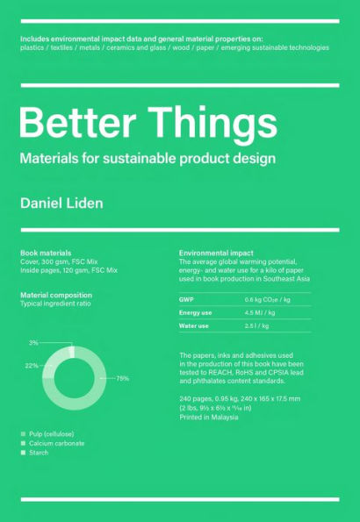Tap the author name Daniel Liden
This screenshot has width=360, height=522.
(61, 203)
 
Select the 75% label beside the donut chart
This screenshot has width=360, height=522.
(122, 378)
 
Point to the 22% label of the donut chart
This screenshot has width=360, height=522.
(32, 366)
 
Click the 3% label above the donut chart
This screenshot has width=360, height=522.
(33, 343)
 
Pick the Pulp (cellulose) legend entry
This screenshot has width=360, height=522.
(51, 434)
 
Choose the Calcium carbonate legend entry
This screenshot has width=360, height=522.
(56, 444)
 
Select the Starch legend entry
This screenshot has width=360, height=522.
(39, 453)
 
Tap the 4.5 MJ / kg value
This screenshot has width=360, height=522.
(262, 312)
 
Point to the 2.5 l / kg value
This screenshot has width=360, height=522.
(256, 325)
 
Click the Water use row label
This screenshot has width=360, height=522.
(194, 325)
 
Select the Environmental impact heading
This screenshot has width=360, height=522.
(216, 253)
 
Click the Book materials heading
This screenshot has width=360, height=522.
(46, 253)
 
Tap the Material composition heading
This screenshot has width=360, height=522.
(56, 296)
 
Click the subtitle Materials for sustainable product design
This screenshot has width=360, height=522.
(148, 159)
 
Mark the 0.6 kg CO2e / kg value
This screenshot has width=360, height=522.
(267, 299)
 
